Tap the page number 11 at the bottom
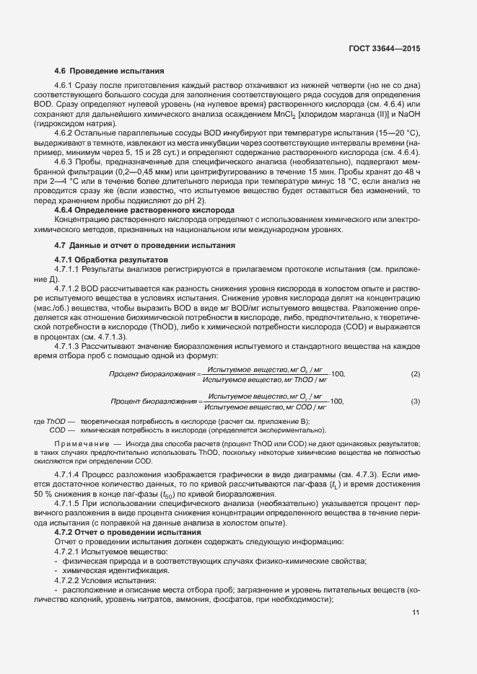416,613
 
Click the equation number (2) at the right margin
415,373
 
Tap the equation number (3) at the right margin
415,401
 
